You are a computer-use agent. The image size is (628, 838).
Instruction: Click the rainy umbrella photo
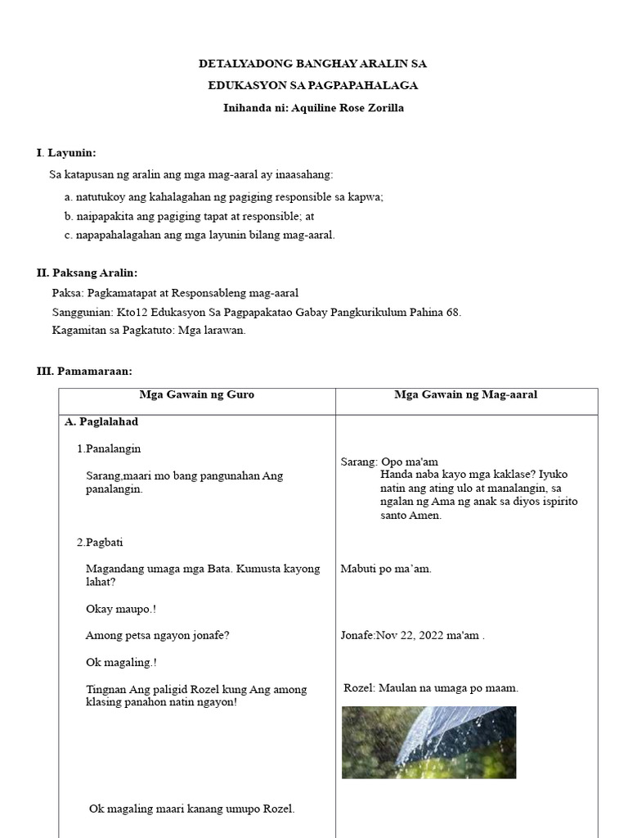tap(428, 741)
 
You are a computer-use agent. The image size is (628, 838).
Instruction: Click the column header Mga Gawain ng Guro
tap(197, 394)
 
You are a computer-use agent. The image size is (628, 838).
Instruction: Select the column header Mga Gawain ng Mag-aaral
tap(465, 394)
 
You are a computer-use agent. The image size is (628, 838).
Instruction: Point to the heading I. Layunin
tap(66, 153)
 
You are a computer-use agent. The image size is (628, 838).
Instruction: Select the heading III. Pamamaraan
tap(84, 371)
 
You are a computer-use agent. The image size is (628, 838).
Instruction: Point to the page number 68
tap(454, 312)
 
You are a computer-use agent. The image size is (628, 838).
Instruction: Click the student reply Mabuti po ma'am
tap(386, 569)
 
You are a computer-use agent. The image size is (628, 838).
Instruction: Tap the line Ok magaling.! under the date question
tap(121, 662)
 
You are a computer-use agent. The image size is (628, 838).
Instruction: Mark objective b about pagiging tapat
tap(189, 216)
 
